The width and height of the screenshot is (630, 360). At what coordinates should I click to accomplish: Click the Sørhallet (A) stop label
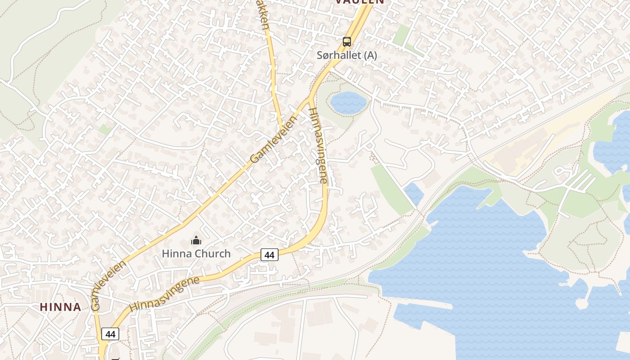pos(346,55)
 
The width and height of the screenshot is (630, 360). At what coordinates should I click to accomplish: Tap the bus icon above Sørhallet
pos(346,42)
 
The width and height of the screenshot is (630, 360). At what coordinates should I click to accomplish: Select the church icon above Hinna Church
pos(196,241)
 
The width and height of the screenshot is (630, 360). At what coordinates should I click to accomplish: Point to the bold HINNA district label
pos(61,307)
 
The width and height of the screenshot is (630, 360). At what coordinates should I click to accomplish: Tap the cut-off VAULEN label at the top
pos(360,2)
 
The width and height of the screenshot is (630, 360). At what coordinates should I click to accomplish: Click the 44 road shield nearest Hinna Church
pos(269,255)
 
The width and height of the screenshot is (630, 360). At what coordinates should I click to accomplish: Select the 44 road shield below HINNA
pos(110,334)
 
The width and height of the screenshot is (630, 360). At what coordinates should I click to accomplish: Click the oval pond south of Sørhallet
pos(348,103)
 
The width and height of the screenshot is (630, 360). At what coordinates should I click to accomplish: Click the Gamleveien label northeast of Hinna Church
pos(274,140)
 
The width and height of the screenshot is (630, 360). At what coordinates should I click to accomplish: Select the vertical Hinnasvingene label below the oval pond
pos(318,145)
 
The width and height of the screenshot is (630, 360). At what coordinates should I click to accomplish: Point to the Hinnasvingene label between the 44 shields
pos(164,294)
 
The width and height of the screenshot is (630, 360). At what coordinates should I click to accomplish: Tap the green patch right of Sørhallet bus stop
pos(401,35)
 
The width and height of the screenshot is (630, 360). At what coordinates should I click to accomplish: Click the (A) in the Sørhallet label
pos(370,55)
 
